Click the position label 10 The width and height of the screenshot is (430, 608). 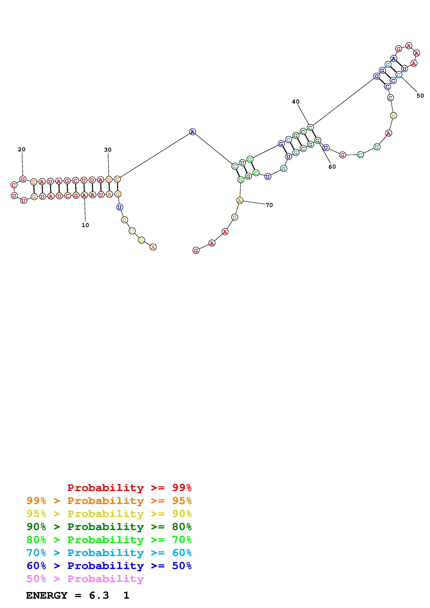click(x=85, y=225)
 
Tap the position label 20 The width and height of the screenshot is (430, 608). click(x=22, y=149)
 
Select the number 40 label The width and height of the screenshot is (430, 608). click(x=296, y=101)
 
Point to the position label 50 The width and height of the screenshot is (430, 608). click(x=420, y=96)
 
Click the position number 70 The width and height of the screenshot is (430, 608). click(x=269, y=205)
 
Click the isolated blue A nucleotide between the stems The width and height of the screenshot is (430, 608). click(x=192, y=132)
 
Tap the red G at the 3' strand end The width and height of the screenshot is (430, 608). click(x=196, y=250)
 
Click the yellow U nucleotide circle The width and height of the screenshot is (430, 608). click(x=132, y=231)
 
